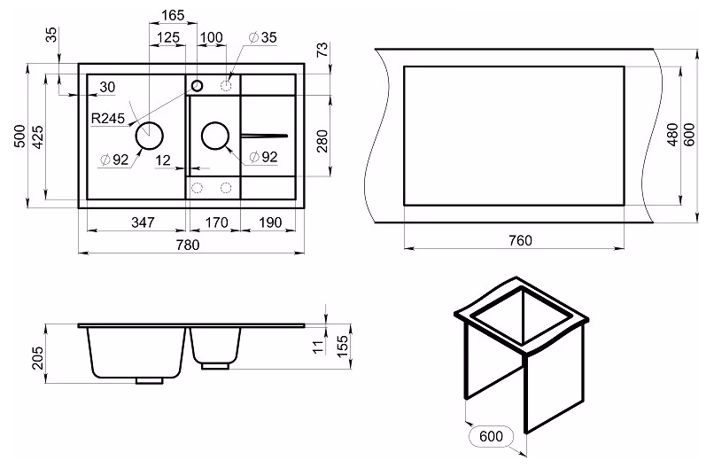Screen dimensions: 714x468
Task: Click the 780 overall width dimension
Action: coord(188,245)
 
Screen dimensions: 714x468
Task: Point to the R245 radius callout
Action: coord(108,119)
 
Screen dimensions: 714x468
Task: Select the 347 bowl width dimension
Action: coord(143,222)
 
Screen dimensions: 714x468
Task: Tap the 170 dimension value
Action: coord(216,222)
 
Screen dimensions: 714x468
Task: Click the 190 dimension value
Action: coord(270,222)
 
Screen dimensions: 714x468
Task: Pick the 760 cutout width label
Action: coord(520,240)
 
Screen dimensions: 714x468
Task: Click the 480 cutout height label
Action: coord(672,135)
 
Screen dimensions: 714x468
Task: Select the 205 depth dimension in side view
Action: coord(38,358)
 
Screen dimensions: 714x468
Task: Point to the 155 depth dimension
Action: coord(342,345)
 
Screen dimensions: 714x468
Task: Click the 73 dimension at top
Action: coord(322,50)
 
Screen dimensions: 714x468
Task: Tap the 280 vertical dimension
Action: coord(322,141)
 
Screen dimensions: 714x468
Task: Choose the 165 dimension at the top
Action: coord(173,15)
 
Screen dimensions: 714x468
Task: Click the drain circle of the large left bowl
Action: coord(150,136)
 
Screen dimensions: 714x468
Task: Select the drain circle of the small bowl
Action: coord(215,136)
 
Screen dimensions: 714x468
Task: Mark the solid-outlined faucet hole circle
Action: coord(198,85)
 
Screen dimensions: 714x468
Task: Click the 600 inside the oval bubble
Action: coord(491,436)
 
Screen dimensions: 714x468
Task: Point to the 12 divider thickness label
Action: coord(163,160)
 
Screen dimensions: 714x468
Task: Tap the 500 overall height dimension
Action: coord(20,136)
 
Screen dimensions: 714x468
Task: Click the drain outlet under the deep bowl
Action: coord(150,381)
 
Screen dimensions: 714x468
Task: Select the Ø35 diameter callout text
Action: coord(263,37)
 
